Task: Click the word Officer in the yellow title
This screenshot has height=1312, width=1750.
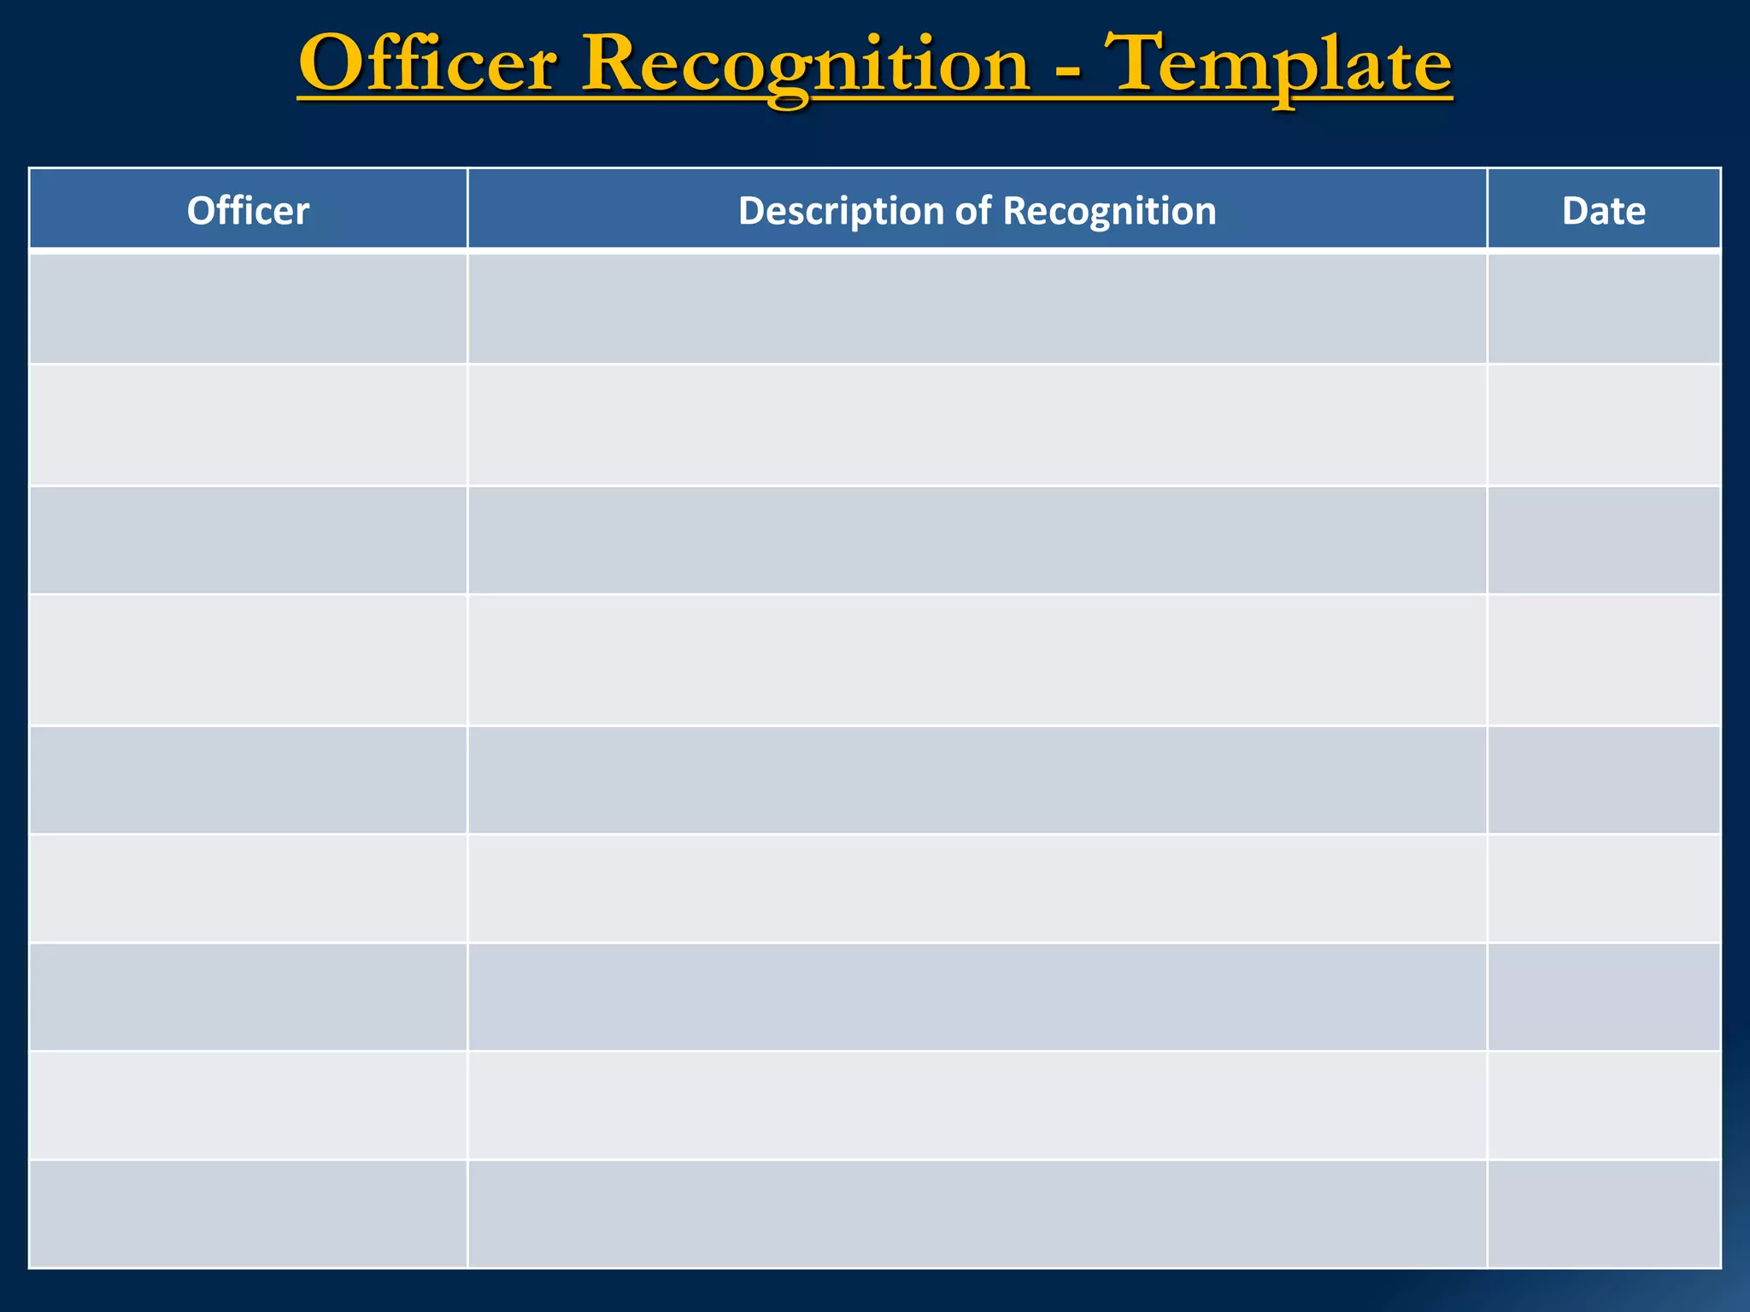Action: [x=427, y=65]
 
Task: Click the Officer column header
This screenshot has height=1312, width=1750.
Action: [x=248, y=210]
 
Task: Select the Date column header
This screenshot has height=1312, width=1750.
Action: [x=1603, y=210]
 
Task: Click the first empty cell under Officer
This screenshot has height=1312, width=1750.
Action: [x=248, y=308]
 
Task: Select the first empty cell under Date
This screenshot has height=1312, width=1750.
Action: [x=1603, y=308]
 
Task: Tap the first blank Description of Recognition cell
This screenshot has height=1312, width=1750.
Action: [x=977, y=308]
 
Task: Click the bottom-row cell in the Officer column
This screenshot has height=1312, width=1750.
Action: [x=248, y=1213]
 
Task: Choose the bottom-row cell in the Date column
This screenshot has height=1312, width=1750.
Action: [x=1603, y=1213]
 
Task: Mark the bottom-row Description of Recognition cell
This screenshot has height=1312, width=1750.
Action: [x=977, y=1213]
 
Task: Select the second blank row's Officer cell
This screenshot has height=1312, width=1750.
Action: [x=248, y=425]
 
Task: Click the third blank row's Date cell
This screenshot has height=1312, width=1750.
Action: [x=1603, y=540]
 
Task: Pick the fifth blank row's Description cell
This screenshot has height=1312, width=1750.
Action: [x=977, y=779]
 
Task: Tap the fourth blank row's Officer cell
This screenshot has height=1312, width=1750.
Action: [x=248, y=659]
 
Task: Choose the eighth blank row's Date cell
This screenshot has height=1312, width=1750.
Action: [x=1603, y=1104]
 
